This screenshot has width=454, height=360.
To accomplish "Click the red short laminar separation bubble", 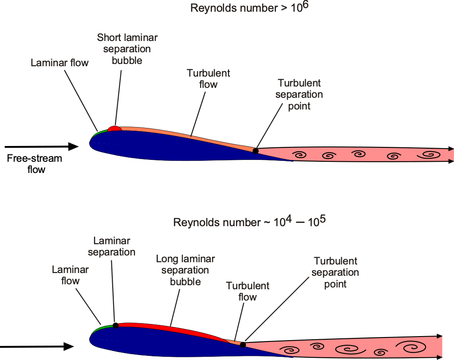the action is coord(115,129).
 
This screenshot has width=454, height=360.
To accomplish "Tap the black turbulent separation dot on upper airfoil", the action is coord(255,151).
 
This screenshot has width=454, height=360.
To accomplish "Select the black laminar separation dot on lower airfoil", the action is coord(115,325).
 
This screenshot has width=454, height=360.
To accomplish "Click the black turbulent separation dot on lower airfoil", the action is coord(243,345).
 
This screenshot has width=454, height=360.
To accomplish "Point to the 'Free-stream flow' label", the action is coord(35,164).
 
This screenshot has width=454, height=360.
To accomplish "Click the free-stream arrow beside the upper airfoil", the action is coord(41,147).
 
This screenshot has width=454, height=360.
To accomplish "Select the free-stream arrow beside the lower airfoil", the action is coord(37,346).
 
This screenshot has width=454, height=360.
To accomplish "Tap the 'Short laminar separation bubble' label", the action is coord(127,49).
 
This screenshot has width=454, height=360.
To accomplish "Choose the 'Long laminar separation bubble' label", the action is coord(185,270).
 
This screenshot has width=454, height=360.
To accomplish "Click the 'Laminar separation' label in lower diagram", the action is coord(112,246).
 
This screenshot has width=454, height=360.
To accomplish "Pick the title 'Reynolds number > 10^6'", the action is coord(249,7).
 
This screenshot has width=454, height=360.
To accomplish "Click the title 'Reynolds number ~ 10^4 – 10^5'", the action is coord(250,222).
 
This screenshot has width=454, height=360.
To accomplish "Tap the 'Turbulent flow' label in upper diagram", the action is coord(208,79).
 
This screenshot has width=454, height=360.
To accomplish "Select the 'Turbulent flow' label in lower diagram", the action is coord(248,292).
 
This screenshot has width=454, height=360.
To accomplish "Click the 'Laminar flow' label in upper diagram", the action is coord(60,63).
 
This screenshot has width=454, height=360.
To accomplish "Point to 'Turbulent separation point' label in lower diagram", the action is coord(335,272).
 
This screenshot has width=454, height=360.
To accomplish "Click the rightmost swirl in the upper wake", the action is coord(429,155).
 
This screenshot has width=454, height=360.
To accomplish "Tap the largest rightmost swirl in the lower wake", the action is coord(411,346).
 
